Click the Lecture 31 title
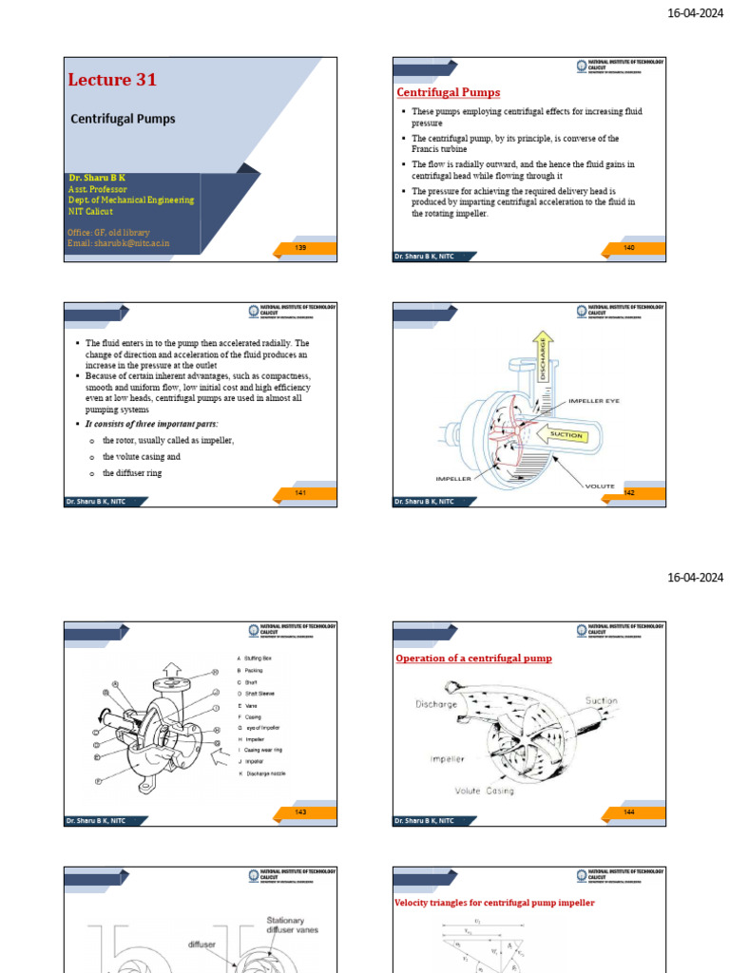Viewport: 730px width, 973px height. point(112,81)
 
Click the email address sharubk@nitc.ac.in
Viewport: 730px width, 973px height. point(118,243)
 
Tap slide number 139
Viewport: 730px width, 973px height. point(300,248)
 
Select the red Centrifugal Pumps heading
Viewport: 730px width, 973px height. point(448,92)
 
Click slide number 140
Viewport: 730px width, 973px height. point(629,248)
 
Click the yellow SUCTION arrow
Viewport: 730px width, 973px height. point(566,435)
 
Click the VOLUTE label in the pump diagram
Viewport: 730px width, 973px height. point(600,486)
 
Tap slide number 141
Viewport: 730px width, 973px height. point(300,492)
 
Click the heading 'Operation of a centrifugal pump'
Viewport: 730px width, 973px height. point(473,658)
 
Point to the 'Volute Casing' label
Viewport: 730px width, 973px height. point(484,791)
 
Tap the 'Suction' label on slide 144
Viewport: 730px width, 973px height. point(601,700)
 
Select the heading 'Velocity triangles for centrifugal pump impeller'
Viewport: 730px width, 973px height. point(494,903)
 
